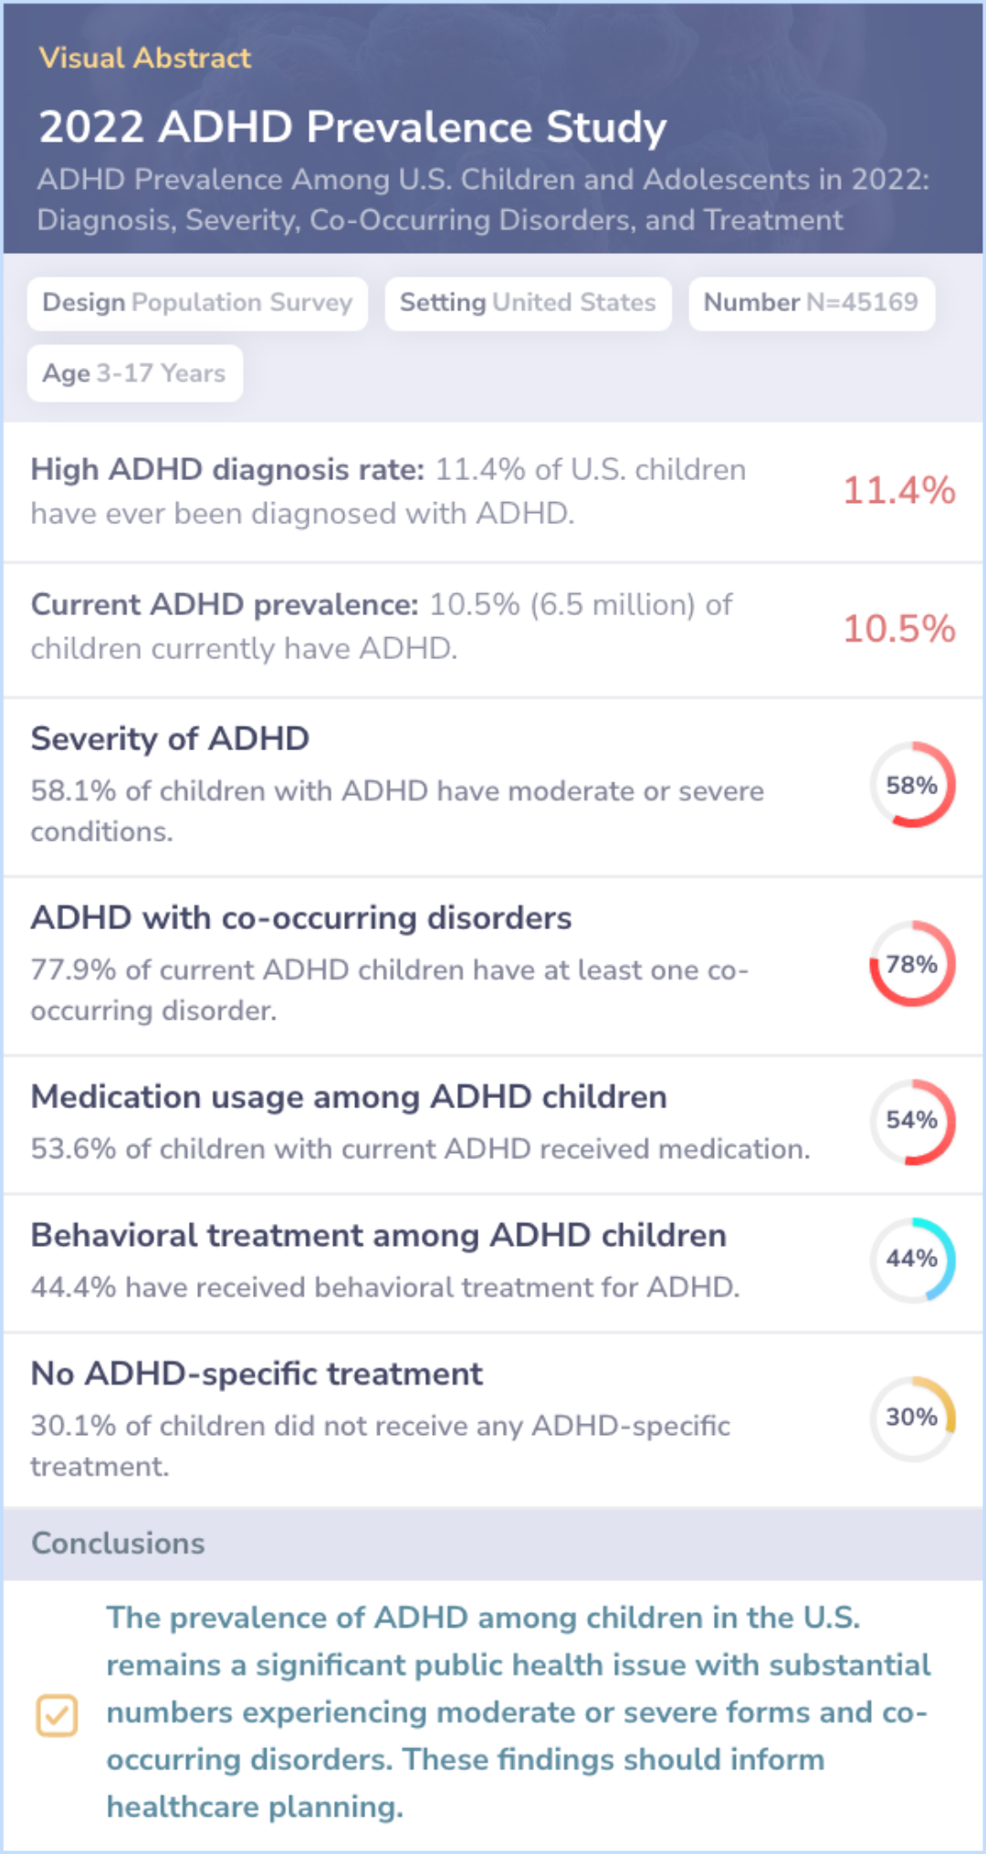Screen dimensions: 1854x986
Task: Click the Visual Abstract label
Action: point(144,58)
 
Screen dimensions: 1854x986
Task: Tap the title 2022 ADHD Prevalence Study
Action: point(352,127)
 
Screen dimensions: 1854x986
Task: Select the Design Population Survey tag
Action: point(197,303)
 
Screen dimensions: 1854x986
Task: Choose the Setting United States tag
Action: point(528,303)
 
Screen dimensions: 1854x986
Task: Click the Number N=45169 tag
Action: point(811,303)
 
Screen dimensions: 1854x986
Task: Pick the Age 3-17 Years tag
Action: point(134,373)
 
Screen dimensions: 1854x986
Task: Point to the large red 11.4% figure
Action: point(898,491)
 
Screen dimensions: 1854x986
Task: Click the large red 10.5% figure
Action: point(898,629)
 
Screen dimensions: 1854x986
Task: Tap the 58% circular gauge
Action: point(912,785)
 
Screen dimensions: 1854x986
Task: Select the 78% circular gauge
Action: point(912,964)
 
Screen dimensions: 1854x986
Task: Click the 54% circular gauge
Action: point(912,1121)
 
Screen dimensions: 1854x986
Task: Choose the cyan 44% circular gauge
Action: point(912,1259)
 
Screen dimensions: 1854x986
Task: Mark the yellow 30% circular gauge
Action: point(912,1418)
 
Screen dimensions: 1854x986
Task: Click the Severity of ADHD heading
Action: point(170,738)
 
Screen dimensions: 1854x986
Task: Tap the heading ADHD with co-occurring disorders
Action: point(301,917)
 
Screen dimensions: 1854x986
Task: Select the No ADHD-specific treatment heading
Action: point(257,1374)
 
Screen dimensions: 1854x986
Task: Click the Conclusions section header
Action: point(119,1544)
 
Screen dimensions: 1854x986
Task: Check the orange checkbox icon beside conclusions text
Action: point(57,1715)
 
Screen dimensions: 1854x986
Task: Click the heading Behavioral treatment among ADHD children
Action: point(379,1235)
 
